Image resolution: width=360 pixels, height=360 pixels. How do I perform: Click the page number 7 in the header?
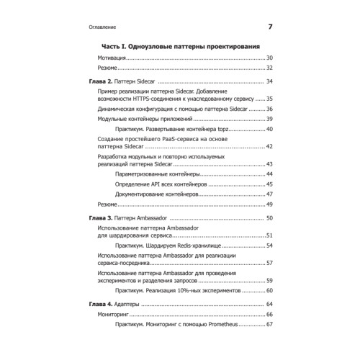pos(270,27)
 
